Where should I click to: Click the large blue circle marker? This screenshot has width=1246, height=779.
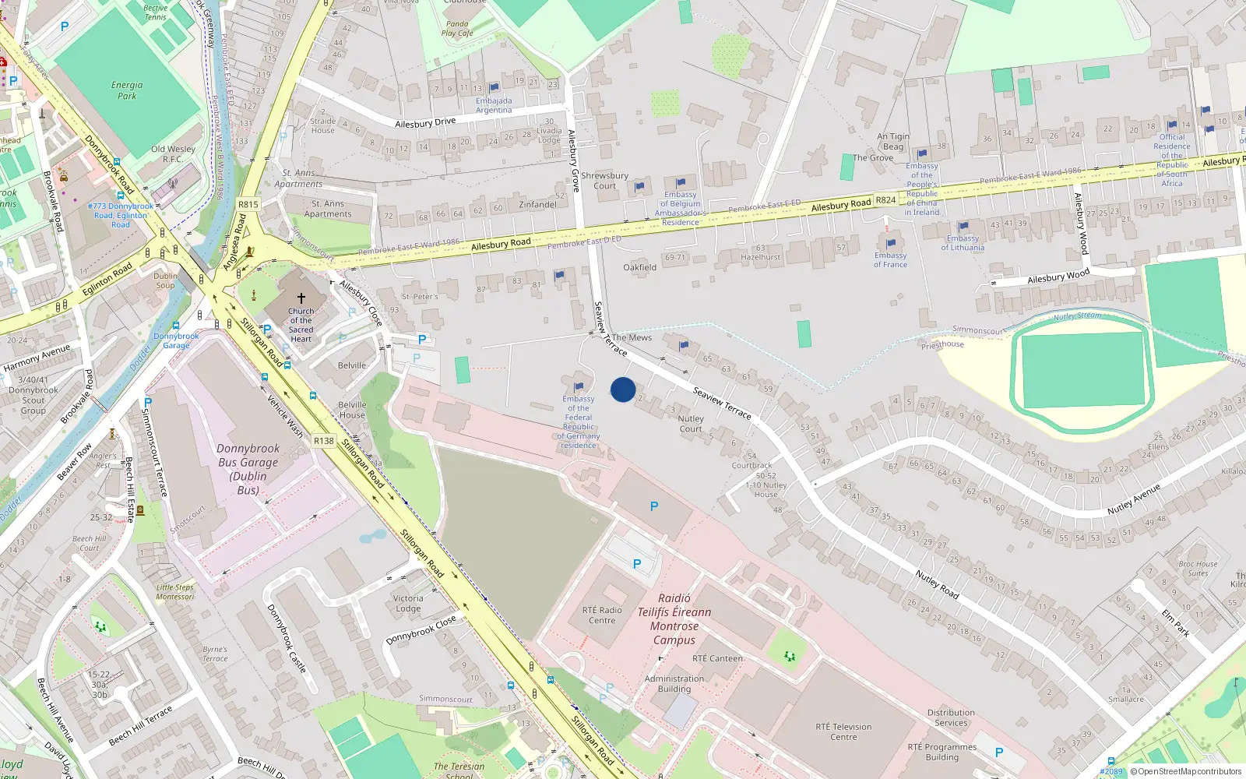point(623,389)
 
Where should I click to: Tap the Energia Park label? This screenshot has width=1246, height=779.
point(127,90)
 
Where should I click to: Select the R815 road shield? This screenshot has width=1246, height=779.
point(248,204)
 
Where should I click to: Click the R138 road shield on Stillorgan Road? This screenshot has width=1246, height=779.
point(324,441)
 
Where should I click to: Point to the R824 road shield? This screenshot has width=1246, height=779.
point(885,200)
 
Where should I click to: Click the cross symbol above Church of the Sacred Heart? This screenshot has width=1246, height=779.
point(301,298)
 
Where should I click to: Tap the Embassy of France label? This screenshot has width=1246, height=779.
point(890,259)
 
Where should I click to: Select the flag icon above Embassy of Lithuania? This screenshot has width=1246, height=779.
point(963,227)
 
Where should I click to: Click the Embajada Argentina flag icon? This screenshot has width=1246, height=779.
point(494,88)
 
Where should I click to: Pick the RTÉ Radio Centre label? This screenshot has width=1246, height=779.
point(602,615)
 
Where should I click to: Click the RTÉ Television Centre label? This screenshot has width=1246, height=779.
point(843,731)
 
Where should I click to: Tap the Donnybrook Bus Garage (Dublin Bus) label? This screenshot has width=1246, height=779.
point(248,469)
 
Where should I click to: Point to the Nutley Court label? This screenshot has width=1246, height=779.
point(691,423)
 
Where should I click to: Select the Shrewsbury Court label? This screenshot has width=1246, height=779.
point(604,180)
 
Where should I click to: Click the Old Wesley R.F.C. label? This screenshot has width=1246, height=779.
point(173,153)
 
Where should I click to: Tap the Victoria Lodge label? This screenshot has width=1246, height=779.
point(408,603)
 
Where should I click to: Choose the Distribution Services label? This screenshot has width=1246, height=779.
point(951,717)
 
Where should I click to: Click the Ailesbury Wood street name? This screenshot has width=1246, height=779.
point(1058,277)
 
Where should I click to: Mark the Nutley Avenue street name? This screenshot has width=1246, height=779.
point(1133,499)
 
